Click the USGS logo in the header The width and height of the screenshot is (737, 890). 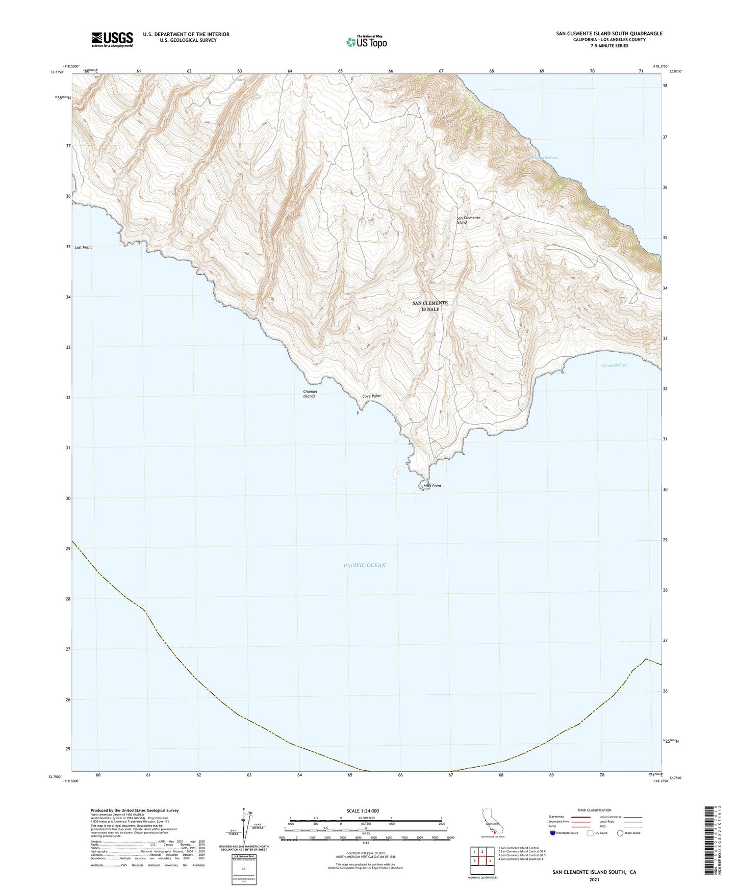(112, 39)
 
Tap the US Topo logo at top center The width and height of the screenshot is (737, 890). (366, 41)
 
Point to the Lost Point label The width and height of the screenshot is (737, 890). (83, 247)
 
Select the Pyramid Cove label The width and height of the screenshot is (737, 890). (614, 365)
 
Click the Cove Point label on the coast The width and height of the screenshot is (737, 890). (371, 396)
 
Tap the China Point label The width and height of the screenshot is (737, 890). (431, 486)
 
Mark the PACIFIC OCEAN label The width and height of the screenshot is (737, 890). (364, 565)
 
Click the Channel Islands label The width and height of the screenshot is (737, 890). (310, 394)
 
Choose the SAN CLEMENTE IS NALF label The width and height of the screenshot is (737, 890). (429, 306)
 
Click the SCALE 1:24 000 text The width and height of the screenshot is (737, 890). (363, 811)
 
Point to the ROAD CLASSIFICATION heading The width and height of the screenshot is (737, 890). (594, 810)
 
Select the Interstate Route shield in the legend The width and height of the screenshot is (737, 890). (553, 833)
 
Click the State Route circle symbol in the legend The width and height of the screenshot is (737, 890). (620, 833)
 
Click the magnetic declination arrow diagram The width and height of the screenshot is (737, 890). (245, 826)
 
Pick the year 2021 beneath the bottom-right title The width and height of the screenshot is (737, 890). (594, 879)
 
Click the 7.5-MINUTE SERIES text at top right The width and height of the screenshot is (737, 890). (609, 46)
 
